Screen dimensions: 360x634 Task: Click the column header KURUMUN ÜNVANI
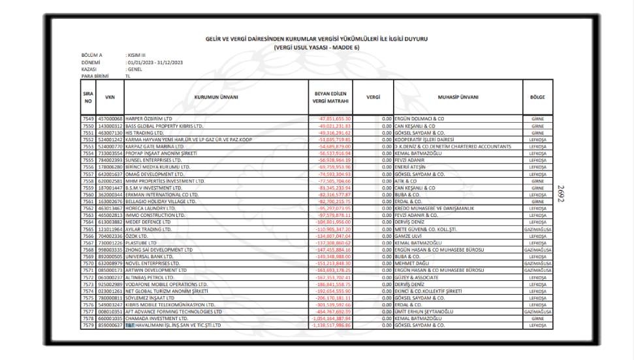(216, 97)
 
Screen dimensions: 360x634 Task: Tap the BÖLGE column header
(538, 97)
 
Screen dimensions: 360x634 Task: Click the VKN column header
(110, 97)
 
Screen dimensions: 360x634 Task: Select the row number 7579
(88, 325)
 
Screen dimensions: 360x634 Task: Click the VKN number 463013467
(110, 208)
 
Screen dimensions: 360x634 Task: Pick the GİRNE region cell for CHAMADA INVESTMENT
(538, 319)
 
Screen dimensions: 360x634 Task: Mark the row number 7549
(88, 118)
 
